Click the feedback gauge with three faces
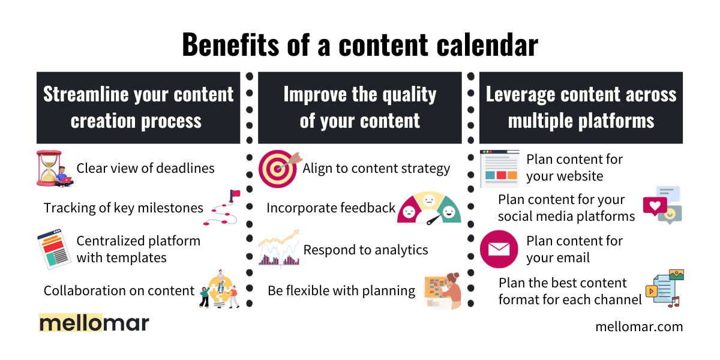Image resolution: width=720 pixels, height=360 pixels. (429, 208)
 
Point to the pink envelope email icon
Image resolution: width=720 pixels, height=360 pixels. (499, 249)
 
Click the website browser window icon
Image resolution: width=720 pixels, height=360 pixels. (499, 169)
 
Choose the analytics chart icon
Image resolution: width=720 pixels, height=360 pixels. (279, 248)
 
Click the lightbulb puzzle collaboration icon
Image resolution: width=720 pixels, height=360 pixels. (219, 289)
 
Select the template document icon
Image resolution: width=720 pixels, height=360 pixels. (54, 249)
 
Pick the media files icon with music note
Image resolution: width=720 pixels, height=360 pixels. (664, 289)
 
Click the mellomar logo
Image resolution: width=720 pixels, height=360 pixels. (94, 322)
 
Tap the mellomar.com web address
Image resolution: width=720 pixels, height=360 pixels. (639, 327)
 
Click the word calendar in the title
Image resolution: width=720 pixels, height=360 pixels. (487, 45)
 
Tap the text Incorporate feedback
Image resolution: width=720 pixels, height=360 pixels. (331, 208)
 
